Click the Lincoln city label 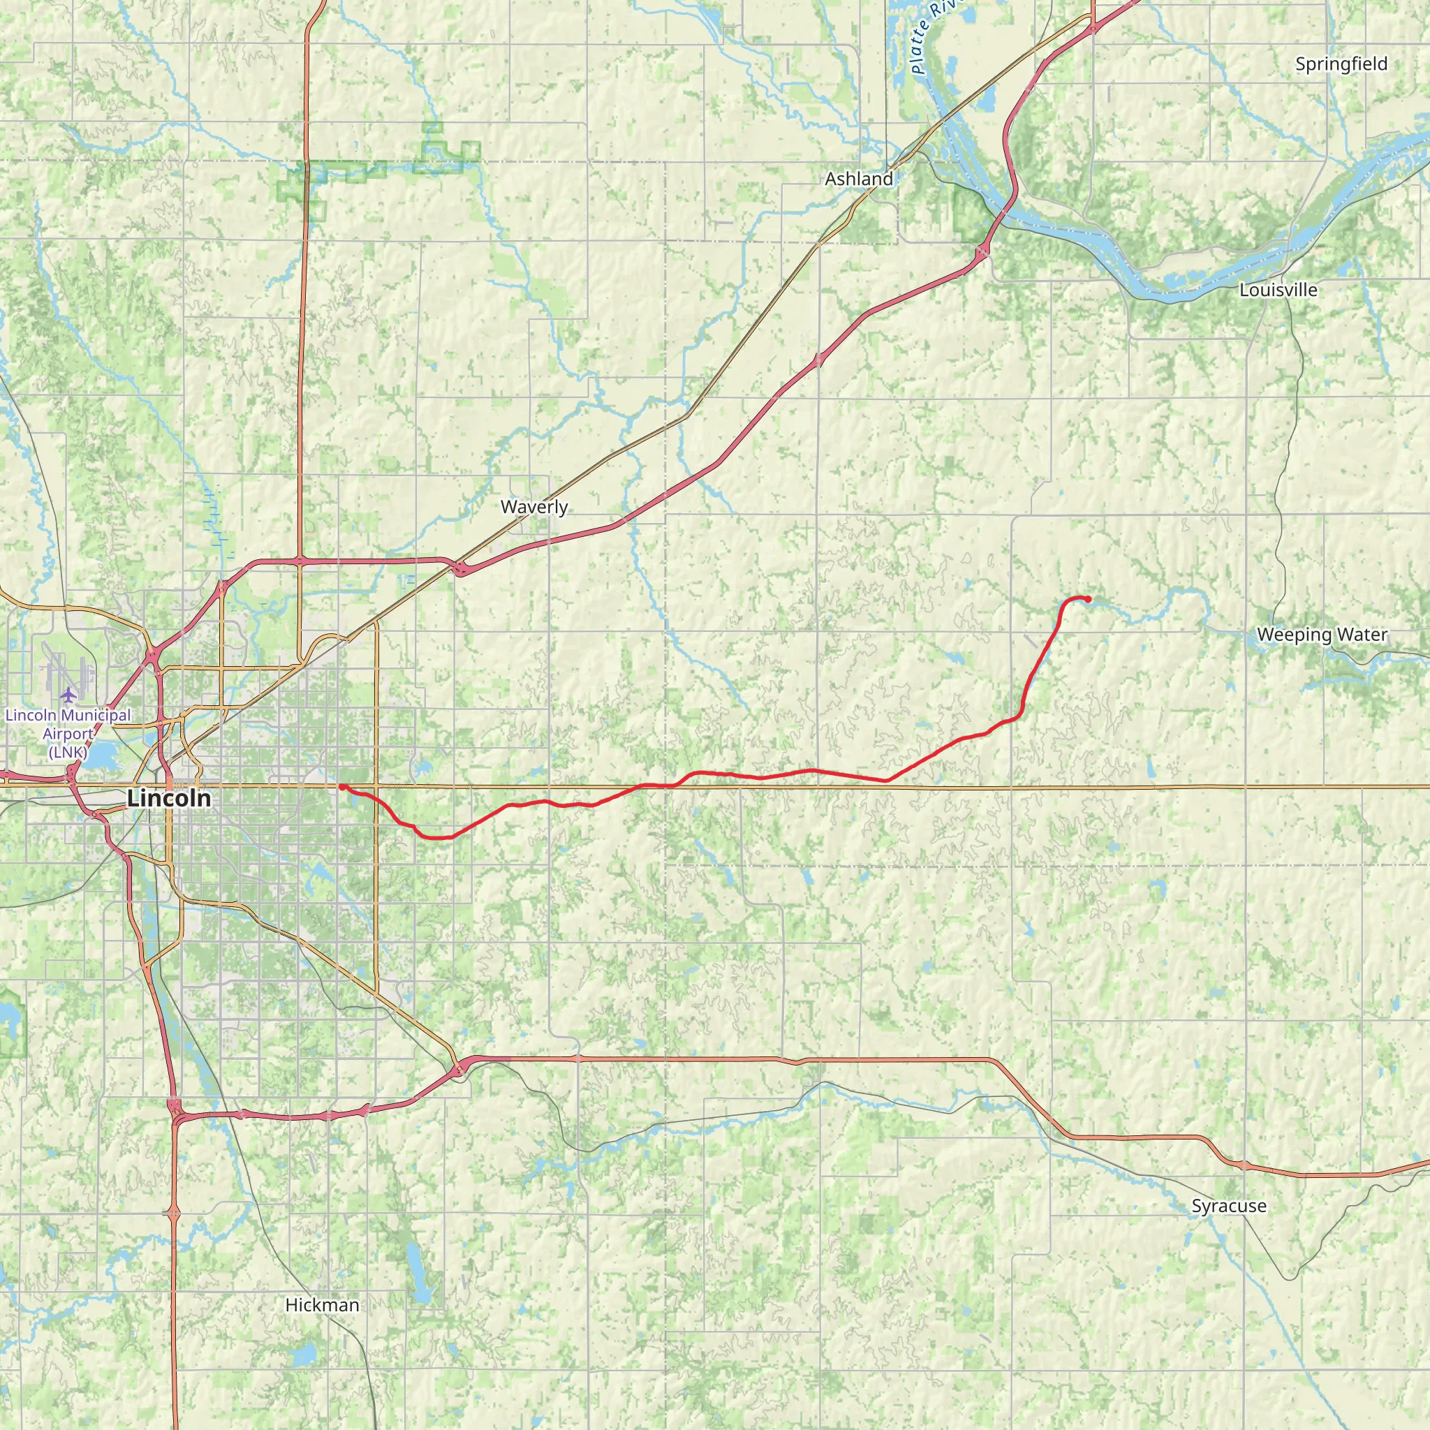tap(169, 799)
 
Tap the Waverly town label tap(533, 507)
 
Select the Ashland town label tap(859, 178)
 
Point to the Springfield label tap(1341, 64)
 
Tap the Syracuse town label tap(1229, 1206)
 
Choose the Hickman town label tap(322, 1305)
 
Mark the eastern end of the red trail tap(1088, 599)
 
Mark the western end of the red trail tap(341, 787)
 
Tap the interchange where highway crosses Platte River tap(983, 252)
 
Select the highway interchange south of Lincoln tap(175, 1108)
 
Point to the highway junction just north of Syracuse tap(1246, 1166)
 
